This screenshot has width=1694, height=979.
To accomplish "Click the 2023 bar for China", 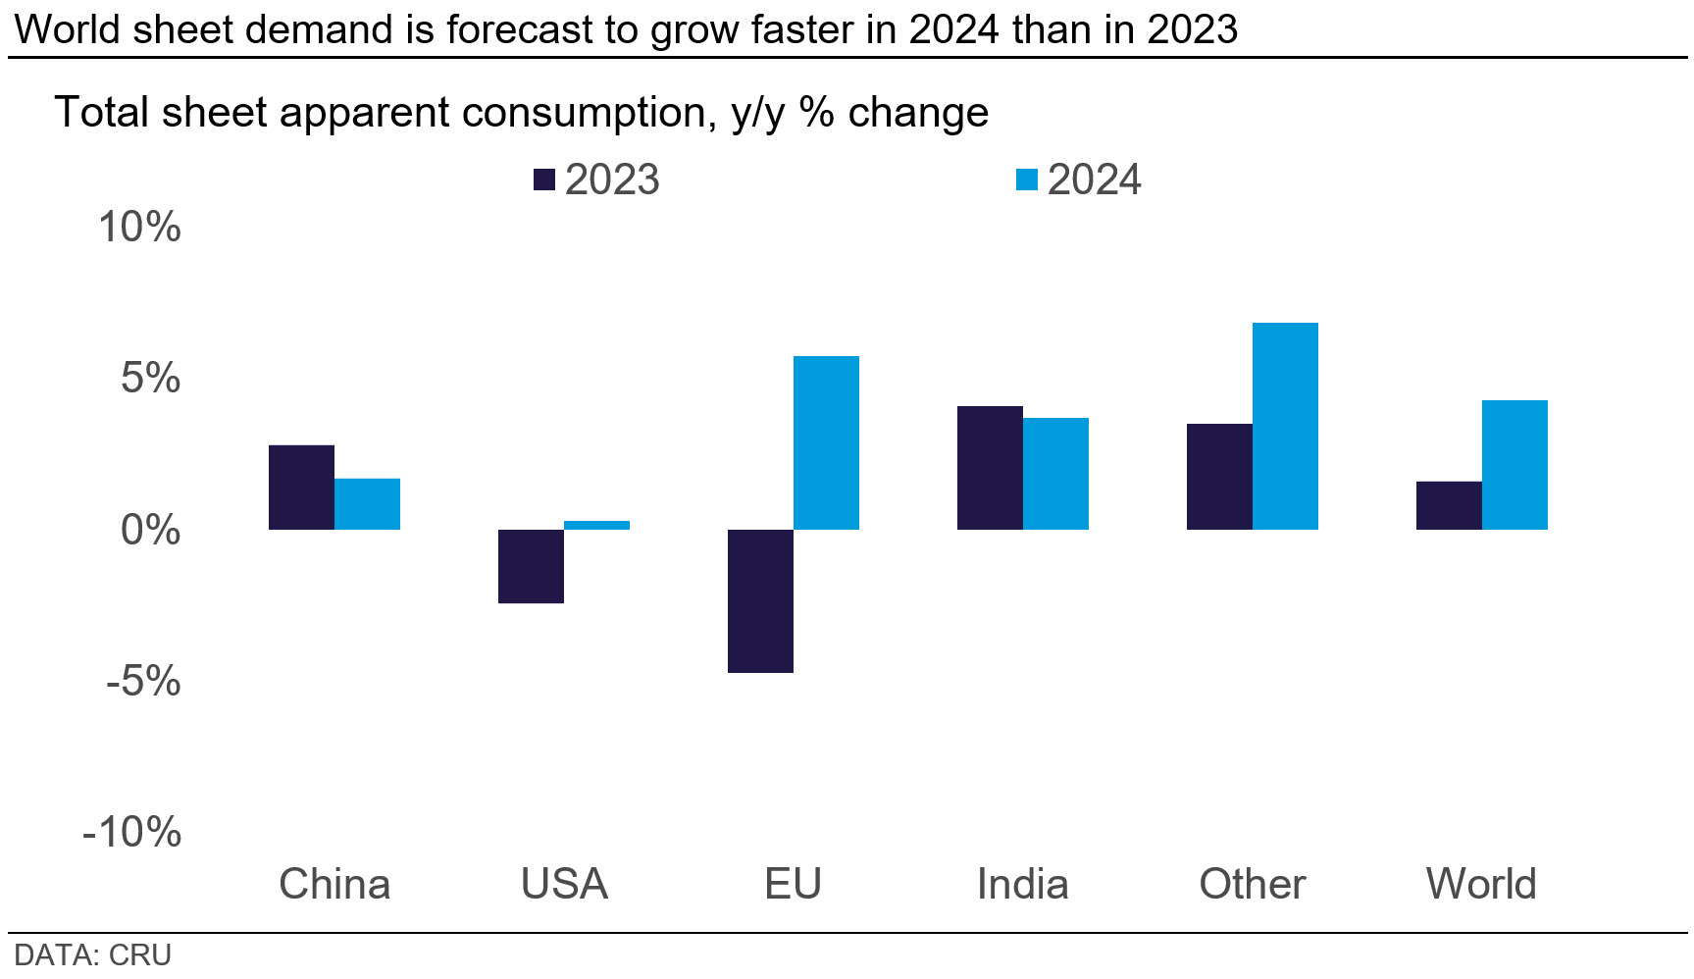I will point(301,488).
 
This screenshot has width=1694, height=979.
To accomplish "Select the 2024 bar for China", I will point(367,504).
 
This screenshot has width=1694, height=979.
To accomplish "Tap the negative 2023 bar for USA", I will point(531,566).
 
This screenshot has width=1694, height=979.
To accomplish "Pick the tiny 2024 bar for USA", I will point(596,525).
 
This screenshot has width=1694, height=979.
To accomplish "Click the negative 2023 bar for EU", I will point(760,600).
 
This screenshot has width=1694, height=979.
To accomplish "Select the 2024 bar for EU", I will point(826,442).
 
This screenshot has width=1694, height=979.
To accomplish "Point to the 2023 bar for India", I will point(990,468).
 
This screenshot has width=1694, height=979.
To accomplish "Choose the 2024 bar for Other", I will point(1285,426).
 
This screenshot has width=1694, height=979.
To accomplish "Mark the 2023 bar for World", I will point(1449,505).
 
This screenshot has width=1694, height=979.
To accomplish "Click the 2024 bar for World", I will point(1514,465).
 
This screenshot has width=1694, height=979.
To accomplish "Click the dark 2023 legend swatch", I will point(543,180).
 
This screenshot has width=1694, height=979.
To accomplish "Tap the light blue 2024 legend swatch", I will point(1026,180).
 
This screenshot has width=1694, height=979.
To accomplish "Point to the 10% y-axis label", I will point(139,228).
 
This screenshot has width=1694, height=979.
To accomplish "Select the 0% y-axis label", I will point(150,530).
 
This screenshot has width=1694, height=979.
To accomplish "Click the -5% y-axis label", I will point(143,681).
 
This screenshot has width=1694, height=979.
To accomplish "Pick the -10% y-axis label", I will point(132,832).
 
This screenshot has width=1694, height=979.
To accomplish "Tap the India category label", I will point(1022,884).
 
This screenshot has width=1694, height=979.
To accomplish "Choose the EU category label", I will point(793,884).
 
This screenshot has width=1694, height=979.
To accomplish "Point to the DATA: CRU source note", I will point(92,955).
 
